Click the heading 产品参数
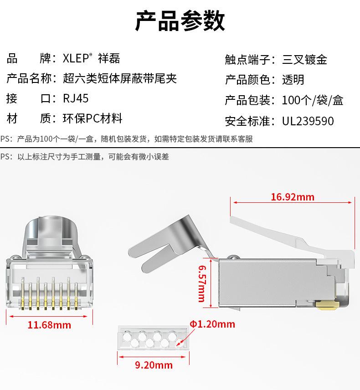pos(180,21)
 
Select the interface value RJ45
pos(76,99)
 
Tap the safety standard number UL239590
pos(308,121)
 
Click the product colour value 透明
pos(293,80)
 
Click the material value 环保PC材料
pos(93,119)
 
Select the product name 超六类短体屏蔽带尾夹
pos(119,79)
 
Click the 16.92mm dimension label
pos(292,197)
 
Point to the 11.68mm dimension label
pos(49,325)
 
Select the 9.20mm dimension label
pos(154,365)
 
